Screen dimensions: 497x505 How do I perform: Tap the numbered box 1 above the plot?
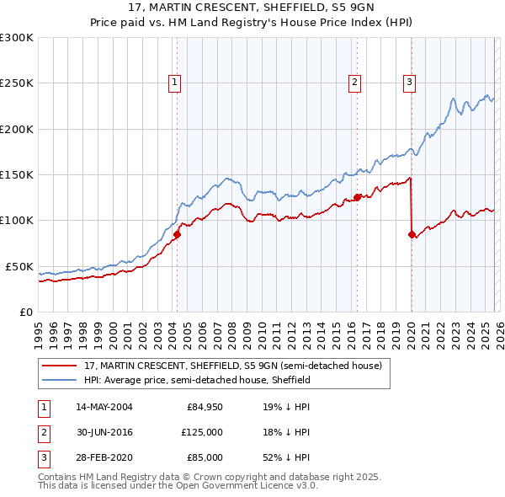(173, 82)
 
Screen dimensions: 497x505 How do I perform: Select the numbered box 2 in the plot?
(355, 82)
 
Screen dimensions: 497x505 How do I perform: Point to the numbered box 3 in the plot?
(409, 82)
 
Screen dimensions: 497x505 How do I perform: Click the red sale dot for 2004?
(178, 234)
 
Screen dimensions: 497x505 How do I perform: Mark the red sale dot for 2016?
(357, 197)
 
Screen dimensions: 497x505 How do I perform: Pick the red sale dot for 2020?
(412, 234)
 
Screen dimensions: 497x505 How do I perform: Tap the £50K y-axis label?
(19, 266)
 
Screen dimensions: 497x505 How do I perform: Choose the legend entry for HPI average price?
(197, 380)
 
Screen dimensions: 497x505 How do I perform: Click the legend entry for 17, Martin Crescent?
(232, 366)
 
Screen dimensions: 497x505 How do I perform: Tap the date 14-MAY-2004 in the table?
(104, 407)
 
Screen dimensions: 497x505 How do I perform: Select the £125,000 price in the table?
(202, 432)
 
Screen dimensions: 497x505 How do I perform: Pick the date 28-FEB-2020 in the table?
(104, 457)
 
